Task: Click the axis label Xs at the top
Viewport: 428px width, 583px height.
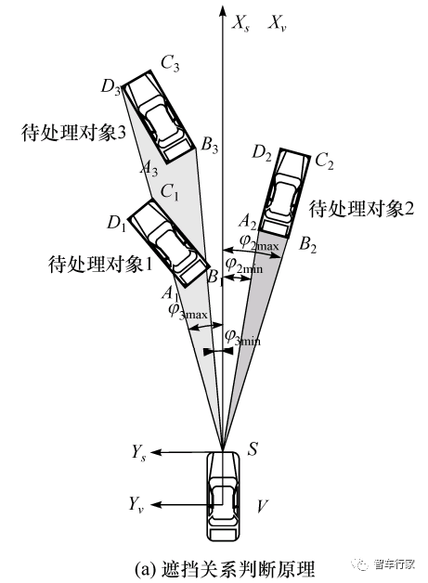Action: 240,24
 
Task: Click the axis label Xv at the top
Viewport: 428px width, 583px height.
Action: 277,24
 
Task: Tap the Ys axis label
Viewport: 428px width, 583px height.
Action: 138,453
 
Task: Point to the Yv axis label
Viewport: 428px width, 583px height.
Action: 136,504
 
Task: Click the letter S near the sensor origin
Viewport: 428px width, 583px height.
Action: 253,449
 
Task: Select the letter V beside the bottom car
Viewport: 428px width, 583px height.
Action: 263,506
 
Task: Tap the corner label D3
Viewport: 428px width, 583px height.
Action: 110,87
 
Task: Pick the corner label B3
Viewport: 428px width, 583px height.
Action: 209,145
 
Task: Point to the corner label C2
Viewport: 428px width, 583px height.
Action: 324,162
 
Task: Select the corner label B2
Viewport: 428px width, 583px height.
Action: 308,245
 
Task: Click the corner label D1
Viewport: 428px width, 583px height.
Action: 116,223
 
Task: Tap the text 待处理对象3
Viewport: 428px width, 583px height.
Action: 73,133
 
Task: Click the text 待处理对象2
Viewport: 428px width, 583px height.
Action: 361,209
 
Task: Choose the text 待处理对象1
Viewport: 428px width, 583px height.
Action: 100,265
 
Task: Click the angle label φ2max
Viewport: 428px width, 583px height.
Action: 259,243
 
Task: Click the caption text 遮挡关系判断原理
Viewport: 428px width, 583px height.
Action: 238,568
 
